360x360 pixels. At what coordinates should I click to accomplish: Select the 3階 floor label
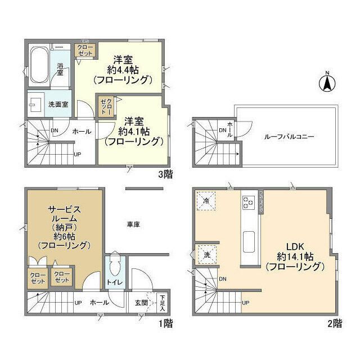pos(165,175)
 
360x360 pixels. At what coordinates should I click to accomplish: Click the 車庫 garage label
pos(133,224)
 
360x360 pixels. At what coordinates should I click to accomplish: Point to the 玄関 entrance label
pos(141,303)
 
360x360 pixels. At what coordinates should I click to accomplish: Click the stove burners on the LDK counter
pos(247,202)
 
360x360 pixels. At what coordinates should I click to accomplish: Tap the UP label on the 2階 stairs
pos(245,303)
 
